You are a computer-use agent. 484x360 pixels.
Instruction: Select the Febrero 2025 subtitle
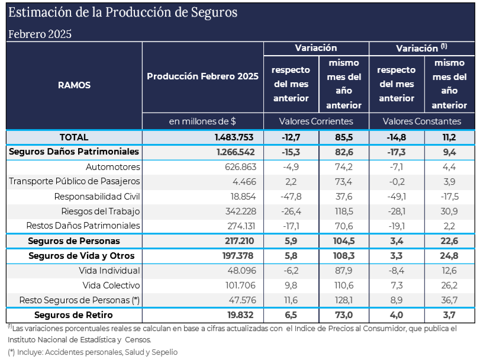pos(40,34)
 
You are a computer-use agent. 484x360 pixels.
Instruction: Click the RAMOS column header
pos(74,85)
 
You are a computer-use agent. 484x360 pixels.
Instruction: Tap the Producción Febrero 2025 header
pos(202,76)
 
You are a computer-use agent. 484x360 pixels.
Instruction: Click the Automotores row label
pos(112,167)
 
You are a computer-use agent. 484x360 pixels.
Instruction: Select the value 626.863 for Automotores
pos(240,167)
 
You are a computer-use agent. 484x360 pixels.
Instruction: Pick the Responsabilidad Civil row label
pos(97,196)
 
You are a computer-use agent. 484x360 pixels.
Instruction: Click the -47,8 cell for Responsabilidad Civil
pos(291,196)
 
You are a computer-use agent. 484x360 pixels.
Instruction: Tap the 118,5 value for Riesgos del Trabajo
pos(343,211)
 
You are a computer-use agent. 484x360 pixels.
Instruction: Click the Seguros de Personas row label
pos(74,241)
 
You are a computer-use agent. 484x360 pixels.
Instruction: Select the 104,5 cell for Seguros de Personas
pos(343,241)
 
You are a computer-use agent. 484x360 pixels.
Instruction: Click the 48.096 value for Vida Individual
pos(243,271)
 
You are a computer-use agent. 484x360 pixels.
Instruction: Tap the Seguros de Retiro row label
pos(73,315)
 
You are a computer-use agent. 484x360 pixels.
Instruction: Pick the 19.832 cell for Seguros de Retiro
pos(242,315)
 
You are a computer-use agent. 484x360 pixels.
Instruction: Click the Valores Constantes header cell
pos(421,121)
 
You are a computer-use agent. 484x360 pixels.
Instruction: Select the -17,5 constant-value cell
pos(449,196)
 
